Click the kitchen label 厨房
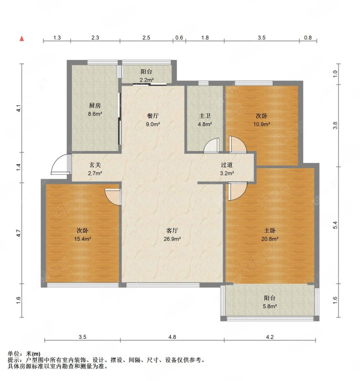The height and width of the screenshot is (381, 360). click(x=94, y=106)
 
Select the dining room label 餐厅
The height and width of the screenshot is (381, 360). click(x=153, y=116)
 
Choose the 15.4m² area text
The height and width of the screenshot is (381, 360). click(x=82, y=239)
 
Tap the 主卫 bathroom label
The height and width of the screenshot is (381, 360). click(x=205, y=116)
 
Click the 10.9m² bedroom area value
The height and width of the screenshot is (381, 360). click(x=262, y=124)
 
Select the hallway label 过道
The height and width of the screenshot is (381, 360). click(x=226, y=165)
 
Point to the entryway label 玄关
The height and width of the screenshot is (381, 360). click(x=95, y=165)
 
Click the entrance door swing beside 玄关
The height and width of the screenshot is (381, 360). click(x=60, y=165)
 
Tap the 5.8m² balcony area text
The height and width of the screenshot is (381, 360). click(x=269, y=306)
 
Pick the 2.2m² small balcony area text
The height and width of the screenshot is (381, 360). click(x=146, y=80)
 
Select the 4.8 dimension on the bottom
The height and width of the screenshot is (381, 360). click(x=172, y=337)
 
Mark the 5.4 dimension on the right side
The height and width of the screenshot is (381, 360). click(x=335, y=225)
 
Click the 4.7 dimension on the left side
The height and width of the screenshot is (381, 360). click(x=18, y=234)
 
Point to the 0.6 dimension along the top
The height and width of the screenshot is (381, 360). click(x=179, y=38)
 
